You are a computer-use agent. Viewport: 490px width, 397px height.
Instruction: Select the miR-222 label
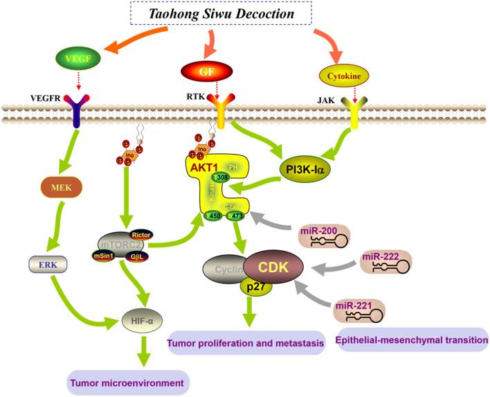[x=381, y=258]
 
